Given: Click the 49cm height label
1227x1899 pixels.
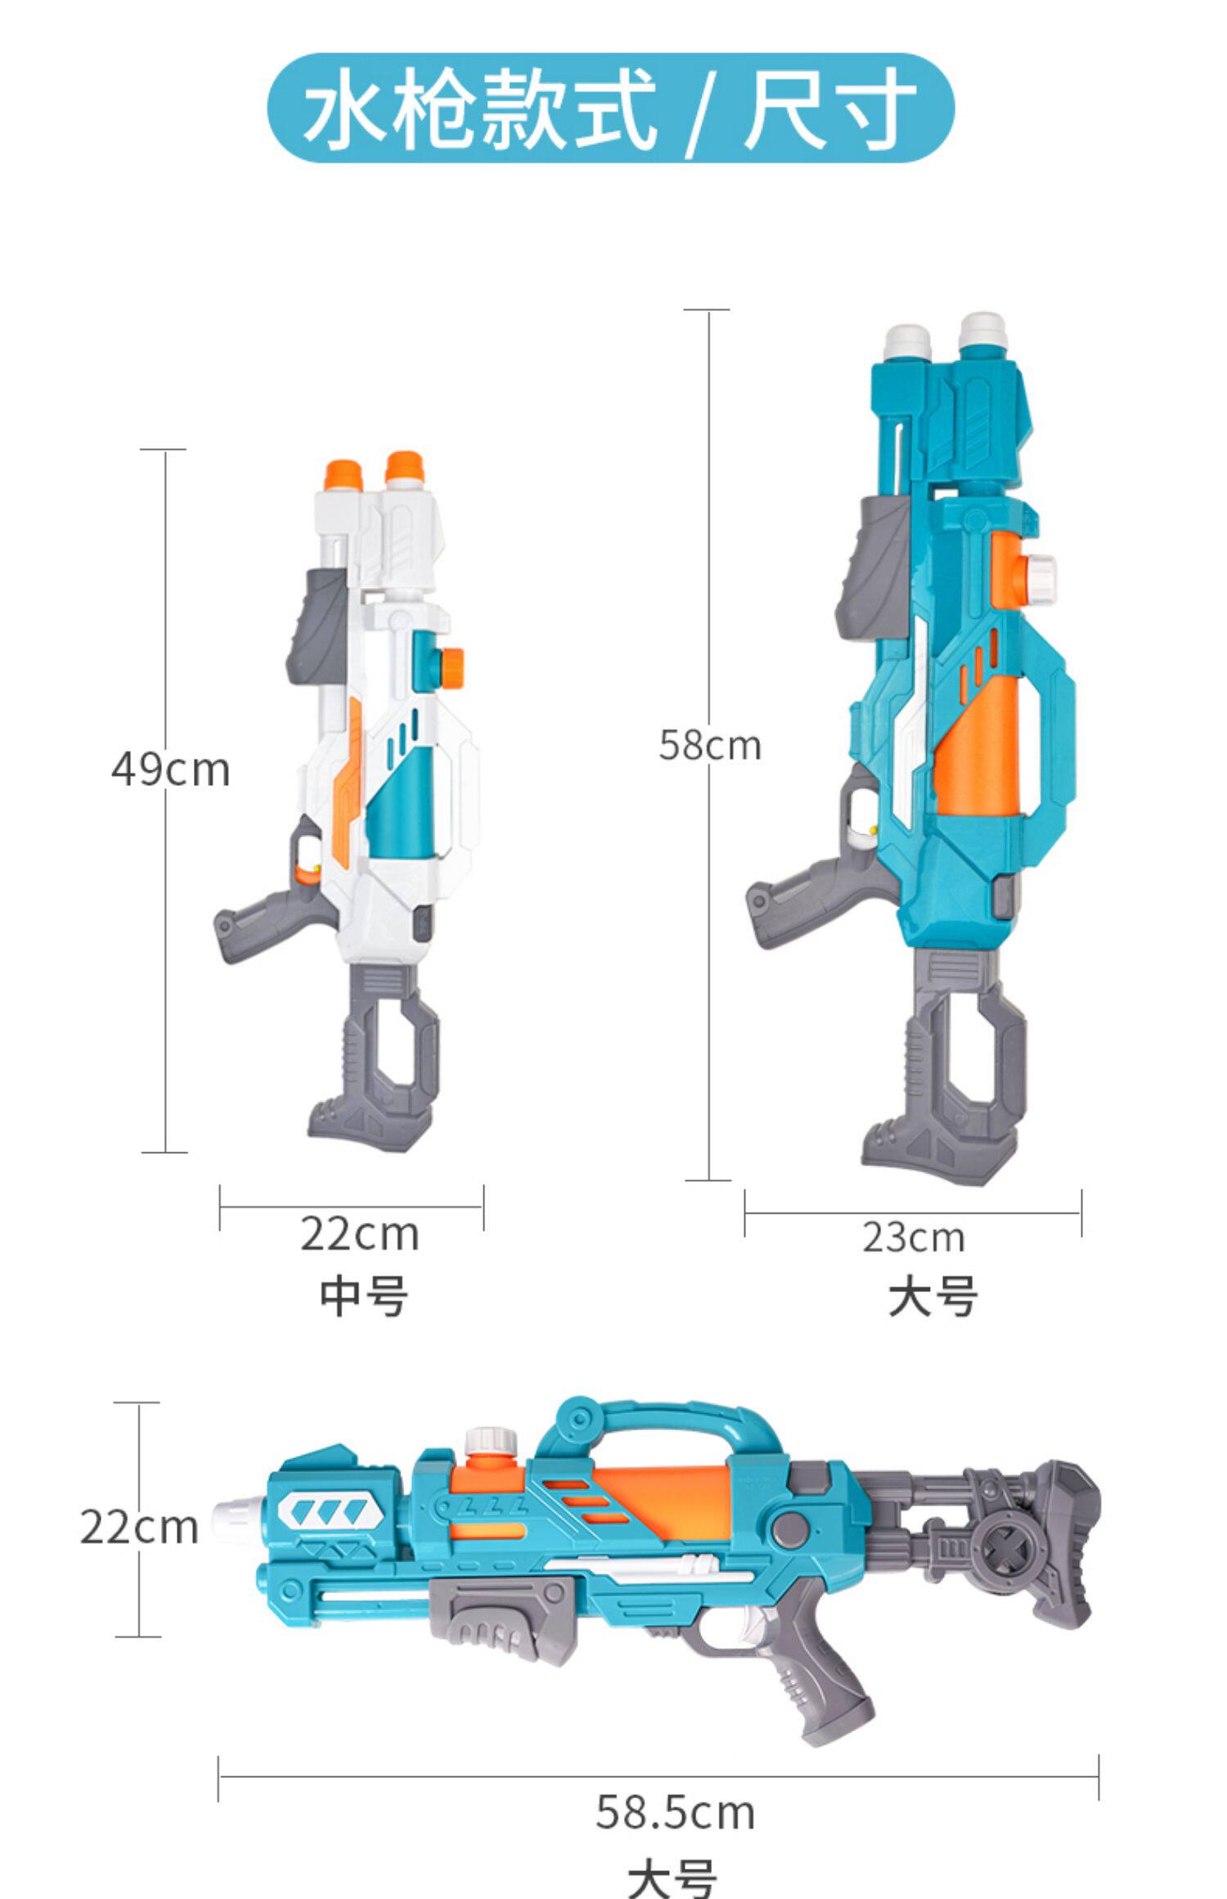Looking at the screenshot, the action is (x=170, y=770).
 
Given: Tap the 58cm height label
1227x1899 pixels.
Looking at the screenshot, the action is (x=710, y=745).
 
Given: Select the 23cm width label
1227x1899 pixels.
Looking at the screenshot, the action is (x=913, y=1237).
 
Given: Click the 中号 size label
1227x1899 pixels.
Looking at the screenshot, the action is (x=363, y=1296).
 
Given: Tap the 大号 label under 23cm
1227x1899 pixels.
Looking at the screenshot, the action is (x=933, y=1297).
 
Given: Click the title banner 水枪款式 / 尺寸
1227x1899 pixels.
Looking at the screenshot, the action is (x=610, y=108).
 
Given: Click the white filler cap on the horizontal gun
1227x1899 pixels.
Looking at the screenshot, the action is (x=491, y=1443).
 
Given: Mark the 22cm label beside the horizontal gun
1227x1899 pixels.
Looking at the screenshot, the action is (x=139, y=1526).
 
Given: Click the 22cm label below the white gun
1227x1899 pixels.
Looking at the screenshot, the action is (x=359, y=1233).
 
